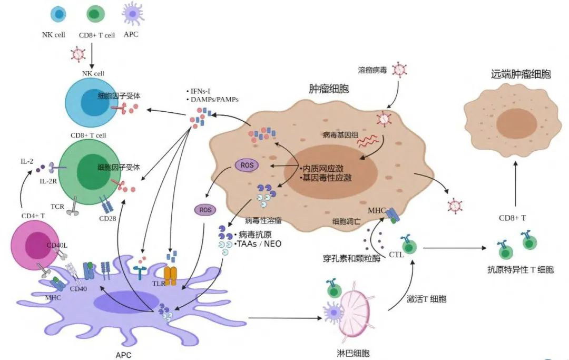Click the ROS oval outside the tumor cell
(x=205, y=210)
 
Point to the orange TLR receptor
(x=170, y=275)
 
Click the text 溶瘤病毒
(x=372, y=70)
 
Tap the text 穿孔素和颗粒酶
(x=348, y=259)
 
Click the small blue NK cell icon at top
(x=58, y=14)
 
